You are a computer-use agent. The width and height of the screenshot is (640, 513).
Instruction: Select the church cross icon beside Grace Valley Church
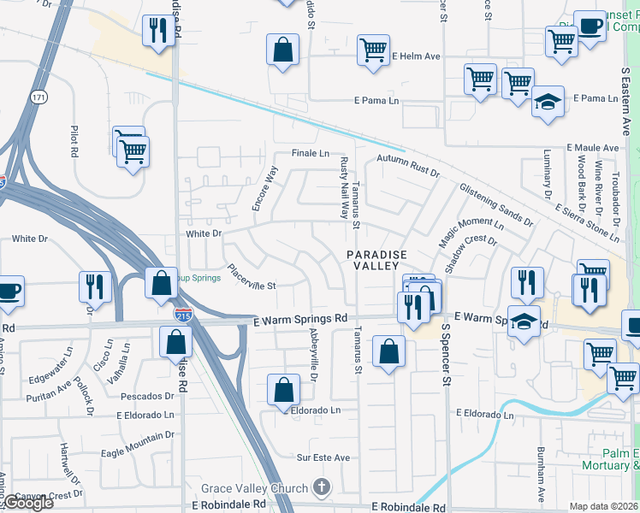click(322, 489)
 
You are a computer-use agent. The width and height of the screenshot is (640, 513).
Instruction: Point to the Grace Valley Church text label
click(254, 489)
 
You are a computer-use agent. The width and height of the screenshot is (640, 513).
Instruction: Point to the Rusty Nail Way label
click(344, 188)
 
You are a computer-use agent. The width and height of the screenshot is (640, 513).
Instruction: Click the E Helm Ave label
click(416, 56)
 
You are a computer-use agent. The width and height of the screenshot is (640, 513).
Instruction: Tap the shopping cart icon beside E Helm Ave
click(373, 49)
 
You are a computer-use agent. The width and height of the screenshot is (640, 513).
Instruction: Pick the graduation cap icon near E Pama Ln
click(548, 100)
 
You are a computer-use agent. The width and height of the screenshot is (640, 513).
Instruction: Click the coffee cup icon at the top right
click(589, 25)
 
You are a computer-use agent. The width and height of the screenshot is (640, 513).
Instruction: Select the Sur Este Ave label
click(323, 458)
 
